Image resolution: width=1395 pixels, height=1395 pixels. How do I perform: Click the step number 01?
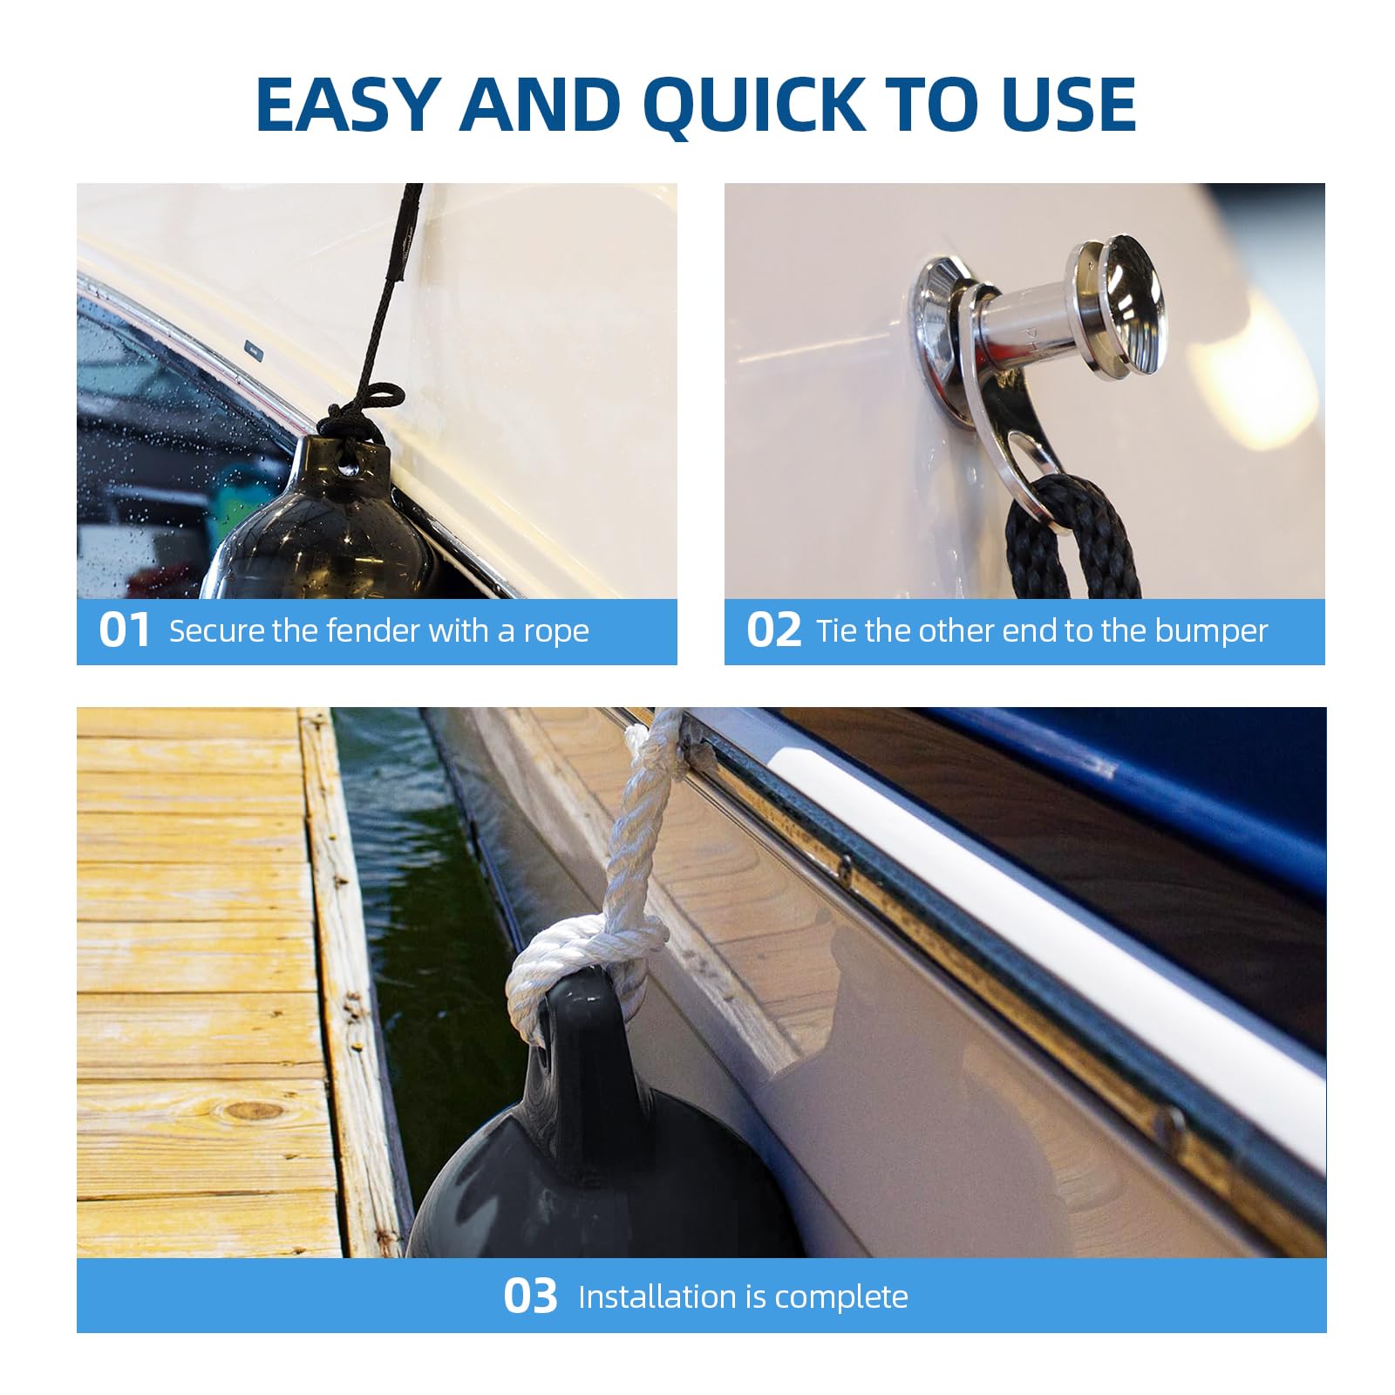point(124,630)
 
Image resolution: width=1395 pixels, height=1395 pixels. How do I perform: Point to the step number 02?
point(773,630)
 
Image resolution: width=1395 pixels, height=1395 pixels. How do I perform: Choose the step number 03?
point(530,1296)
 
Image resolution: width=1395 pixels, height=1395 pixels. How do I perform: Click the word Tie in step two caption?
point(837,630)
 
